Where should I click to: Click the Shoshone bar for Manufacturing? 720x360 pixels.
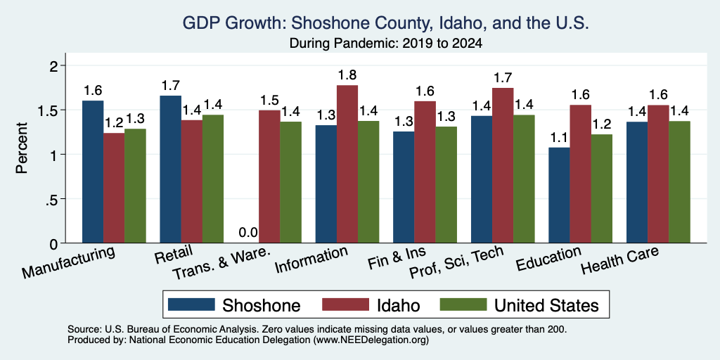pyautogui.click(x=93, y=172)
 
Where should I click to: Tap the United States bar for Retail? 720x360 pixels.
pyautogui.click(x=213, y=179)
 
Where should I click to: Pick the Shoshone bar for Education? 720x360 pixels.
pyautogui.click(x=559, y=195)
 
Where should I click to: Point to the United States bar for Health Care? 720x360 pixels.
pyautogui.click(x=680, y=182)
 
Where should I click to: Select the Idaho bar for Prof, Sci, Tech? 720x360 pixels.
pyautogui.click(x=503, y=165)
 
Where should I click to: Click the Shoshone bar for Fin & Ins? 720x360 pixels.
pyautogui.click(x=404, y=187)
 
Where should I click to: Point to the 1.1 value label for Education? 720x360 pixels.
pyautogui.click(x=559, y=137)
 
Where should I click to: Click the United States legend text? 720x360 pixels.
pyautogui.click(x=546, y=305)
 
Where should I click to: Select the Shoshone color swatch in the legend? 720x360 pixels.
pyautogui.click(x=191, y=304)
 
